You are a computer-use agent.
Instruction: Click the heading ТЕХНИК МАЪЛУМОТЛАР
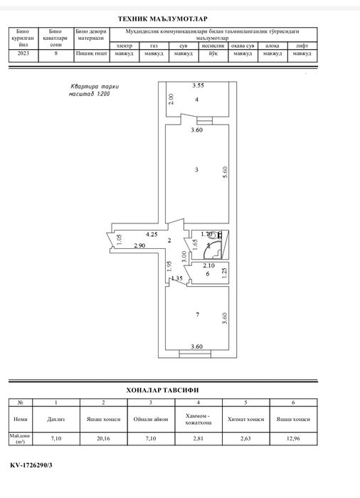tap(163, 19)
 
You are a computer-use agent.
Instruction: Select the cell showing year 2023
tap(23, 53)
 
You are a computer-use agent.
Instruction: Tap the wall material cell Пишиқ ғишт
tap(92, 53)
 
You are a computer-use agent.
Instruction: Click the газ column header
tap(154, 46)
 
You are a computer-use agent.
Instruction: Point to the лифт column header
tap(302, 46)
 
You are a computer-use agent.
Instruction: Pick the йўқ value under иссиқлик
tap(213, 53)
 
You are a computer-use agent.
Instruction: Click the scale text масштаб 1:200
tap(89, 94)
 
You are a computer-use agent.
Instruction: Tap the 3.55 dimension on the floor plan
tap(198, 85)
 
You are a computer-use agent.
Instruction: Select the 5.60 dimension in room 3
tap(226, 172)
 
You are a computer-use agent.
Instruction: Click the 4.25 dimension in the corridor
tap(152, 234)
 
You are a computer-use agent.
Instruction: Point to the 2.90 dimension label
tap(139, 245)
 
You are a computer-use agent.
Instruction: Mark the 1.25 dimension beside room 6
tap(225, 273)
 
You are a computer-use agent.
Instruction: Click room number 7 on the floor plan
tap(198, 314)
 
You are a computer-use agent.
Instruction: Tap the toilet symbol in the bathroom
tap(215, 235)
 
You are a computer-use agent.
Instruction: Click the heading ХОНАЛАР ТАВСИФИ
tap(162, 390)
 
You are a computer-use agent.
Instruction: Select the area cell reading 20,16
tap(103, 438)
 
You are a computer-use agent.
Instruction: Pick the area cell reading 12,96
tap(293, 438)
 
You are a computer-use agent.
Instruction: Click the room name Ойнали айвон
tap(151, 419)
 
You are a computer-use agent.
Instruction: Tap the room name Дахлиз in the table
tap(56, 419)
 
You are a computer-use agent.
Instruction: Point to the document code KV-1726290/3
tap(31, 465)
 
